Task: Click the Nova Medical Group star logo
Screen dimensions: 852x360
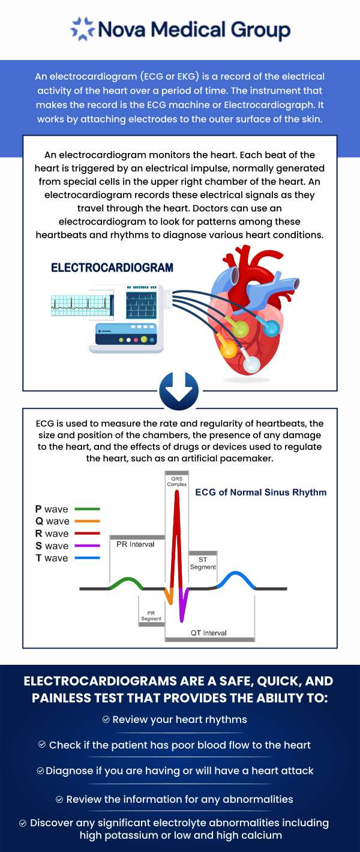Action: click(82, 29)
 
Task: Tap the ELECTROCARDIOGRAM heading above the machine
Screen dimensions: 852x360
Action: click(112, 268)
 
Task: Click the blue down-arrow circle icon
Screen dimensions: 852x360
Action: click(178, 391)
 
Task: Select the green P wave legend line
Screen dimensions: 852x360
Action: click(87, 509)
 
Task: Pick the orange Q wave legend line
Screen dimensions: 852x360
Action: click(87, 521)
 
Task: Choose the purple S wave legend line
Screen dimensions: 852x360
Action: click(87, 546)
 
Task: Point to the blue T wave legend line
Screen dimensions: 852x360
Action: click(87, 558)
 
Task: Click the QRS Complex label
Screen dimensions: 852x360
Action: click(177, 481)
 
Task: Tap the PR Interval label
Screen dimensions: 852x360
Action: click(135, 544)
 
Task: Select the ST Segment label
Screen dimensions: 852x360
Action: click(203, 563)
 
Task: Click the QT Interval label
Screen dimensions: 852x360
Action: click(209, 632)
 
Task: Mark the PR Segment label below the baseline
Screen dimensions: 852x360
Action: click(151, 616)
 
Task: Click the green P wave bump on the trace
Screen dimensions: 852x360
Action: click(126, 581)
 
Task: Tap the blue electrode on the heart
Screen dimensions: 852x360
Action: click(272, 328)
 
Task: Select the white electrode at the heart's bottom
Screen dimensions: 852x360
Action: click(252, 364)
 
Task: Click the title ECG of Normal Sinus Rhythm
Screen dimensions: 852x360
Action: click(261, 493)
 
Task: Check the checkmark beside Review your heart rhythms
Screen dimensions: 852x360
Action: click(106, 719)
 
